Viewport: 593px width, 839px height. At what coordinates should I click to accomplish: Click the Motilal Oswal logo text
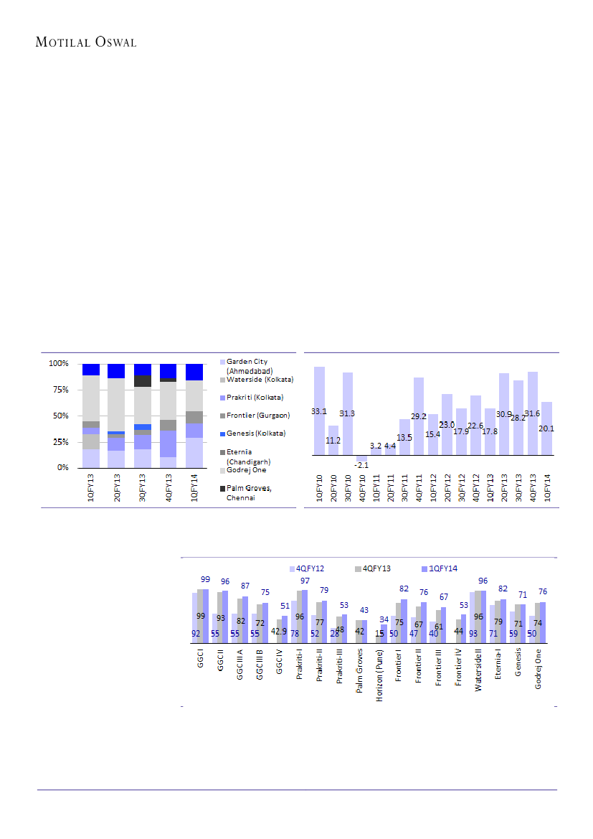click(86, 42)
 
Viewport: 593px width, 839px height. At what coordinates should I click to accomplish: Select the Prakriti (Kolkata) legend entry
click(255, 398)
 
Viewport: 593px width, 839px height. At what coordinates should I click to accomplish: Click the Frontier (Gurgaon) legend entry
click(257, 416)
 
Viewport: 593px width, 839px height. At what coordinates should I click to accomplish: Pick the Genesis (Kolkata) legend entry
click(255, 433)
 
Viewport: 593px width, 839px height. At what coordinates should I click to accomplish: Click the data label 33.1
click(319, 412)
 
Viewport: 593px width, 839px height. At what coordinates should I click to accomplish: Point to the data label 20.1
click(547, 429)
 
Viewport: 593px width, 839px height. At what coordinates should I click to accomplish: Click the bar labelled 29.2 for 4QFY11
click(419, 416)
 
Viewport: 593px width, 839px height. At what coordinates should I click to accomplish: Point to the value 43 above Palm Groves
click(364, 610)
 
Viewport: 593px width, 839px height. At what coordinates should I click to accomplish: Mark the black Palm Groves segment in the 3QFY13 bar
click(143, 381)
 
